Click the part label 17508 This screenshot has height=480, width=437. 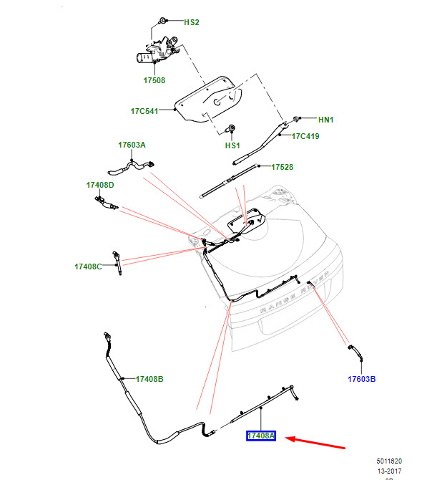pos(154,80)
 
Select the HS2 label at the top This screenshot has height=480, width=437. pos(192,22)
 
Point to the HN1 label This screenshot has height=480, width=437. pos(325,119)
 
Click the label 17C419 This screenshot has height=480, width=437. pos(305,135)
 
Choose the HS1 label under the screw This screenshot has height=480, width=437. pos(232,145)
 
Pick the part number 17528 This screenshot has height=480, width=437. pos(283,167)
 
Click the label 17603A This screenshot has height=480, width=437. pos(132,145)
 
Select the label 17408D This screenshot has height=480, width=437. pos(100,185)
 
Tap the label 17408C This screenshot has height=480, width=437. pos(88,267)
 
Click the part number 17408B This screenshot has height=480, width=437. pos(149,378)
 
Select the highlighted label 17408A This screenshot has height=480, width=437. pos(261,436)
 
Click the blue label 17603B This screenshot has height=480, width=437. pos(362,379)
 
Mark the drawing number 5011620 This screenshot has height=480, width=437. pos(390,462)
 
